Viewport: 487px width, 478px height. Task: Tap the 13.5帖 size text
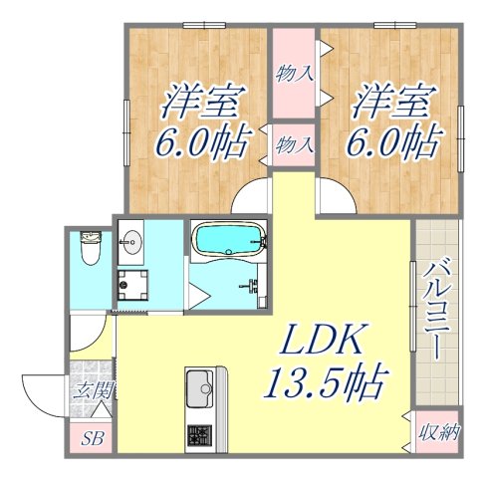tap(325, 381)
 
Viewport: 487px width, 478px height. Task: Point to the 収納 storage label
tap(437, 432)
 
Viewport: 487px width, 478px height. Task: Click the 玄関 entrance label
tap(90, 389)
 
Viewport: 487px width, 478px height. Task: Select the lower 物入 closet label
tap(295, 143)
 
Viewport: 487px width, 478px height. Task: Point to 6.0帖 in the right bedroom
tap(390, 143)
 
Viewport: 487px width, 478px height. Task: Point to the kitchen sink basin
tap(202, 383)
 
